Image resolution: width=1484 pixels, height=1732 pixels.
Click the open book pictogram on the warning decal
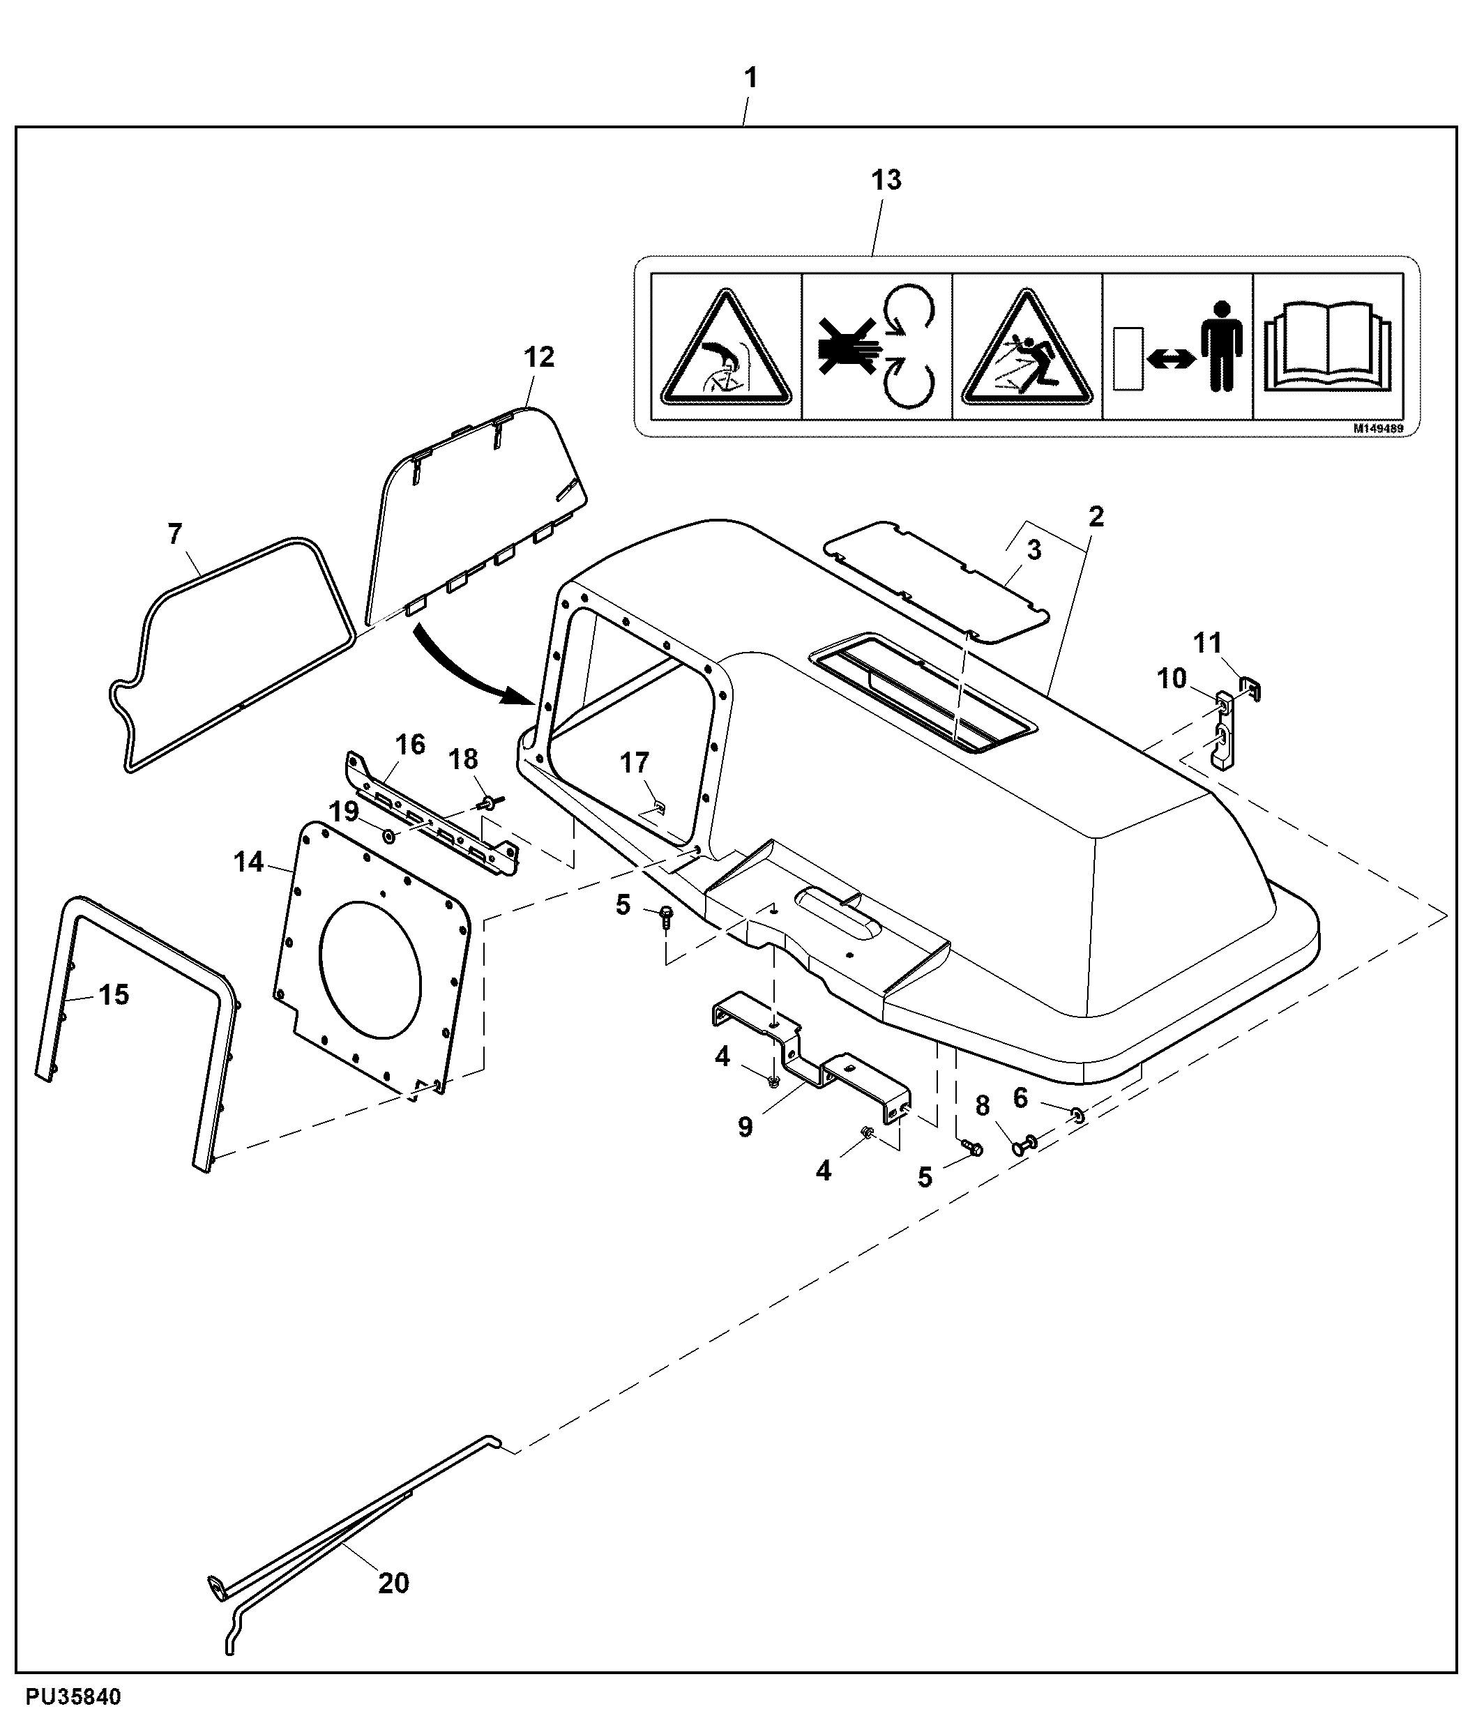pos(1328,346)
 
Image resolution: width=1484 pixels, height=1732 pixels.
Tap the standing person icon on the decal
pos(1222,345)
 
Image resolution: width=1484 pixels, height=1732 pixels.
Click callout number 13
pos(886,180)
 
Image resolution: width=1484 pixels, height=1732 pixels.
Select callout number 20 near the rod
pos(394,1582)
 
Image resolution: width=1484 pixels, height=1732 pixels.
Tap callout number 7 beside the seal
pos(175,533)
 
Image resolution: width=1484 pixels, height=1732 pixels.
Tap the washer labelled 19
pos(388,836)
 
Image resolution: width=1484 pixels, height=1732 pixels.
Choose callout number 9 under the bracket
pos(745,1127)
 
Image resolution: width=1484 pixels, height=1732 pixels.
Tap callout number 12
pos(539,357)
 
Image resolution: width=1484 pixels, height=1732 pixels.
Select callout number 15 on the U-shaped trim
pos(114,995)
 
